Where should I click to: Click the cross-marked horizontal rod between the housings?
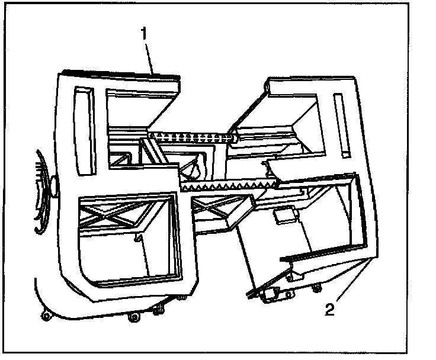[193, 137]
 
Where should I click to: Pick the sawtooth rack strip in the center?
[225, 185]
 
